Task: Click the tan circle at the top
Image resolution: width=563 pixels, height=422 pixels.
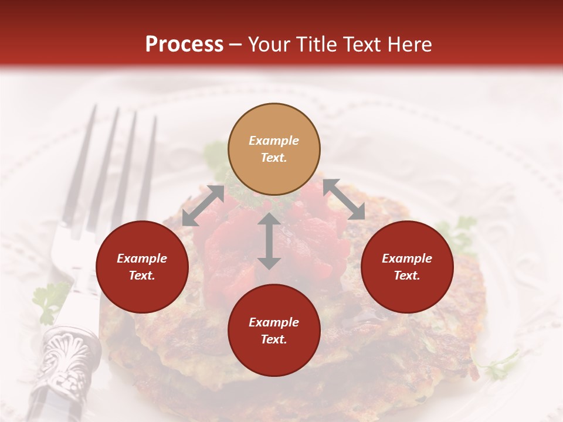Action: [274, 149]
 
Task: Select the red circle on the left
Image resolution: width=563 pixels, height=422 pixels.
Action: [142, 267]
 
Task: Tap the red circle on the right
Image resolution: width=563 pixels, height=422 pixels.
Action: [407, 267]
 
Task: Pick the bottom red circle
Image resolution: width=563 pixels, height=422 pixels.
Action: [274, 331]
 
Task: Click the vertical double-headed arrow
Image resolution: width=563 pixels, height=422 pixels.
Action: [269, 241]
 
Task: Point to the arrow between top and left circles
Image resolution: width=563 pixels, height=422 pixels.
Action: [203, 206]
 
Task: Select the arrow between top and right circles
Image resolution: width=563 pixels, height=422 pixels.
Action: [344, 199]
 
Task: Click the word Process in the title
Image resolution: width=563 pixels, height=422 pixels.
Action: [184, 44]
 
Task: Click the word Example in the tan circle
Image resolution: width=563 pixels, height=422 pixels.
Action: [274, 141]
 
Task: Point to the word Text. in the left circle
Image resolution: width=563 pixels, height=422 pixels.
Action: [142, 275]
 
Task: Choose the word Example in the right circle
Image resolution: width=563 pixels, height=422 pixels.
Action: [407, 258]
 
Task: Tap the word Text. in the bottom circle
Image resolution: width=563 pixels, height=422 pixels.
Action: [274, 339]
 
